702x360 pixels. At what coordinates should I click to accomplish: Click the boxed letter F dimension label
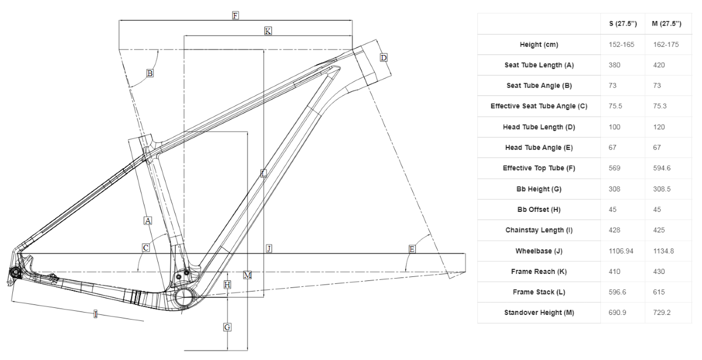pyautogui.click(x=235, y=16)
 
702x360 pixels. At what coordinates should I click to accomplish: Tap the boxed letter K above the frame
pyautogui.click(x=268, y=30)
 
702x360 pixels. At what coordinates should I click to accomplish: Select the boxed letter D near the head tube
pyautogui.click(x=384, y=57)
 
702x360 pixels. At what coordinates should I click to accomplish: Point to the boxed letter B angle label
pyautogui.click(x=150, y=73)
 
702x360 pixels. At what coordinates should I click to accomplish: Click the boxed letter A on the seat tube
pyautogui.click(x=147, y=221)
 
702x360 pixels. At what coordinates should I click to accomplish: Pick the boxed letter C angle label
pyautogui.click(x=145, y=248)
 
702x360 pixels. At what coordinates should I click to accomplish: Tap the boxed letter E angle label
pyautogui.click(x=412, y=249)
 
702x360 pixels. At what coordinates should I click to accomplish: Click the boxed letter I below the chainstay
pyautogui.click(x=95, y=314)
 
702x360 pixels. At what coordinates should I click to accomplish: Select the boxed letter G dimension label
pyautogui.click(x=227, y=327)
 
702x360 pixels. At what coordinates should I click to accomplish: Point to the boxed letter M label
pyautogui.click(x=247, y=275)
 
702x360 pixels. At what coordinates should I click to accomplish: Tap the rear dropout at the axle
pyautogui.click(x=15, y=271)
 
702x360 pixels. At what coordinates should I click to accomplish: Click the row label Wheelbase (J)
pyautogui.click(x=538, y=251)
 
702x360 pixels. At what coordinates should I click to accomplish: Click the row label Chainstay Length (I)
pyautogui.click(x=538, y=231)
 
